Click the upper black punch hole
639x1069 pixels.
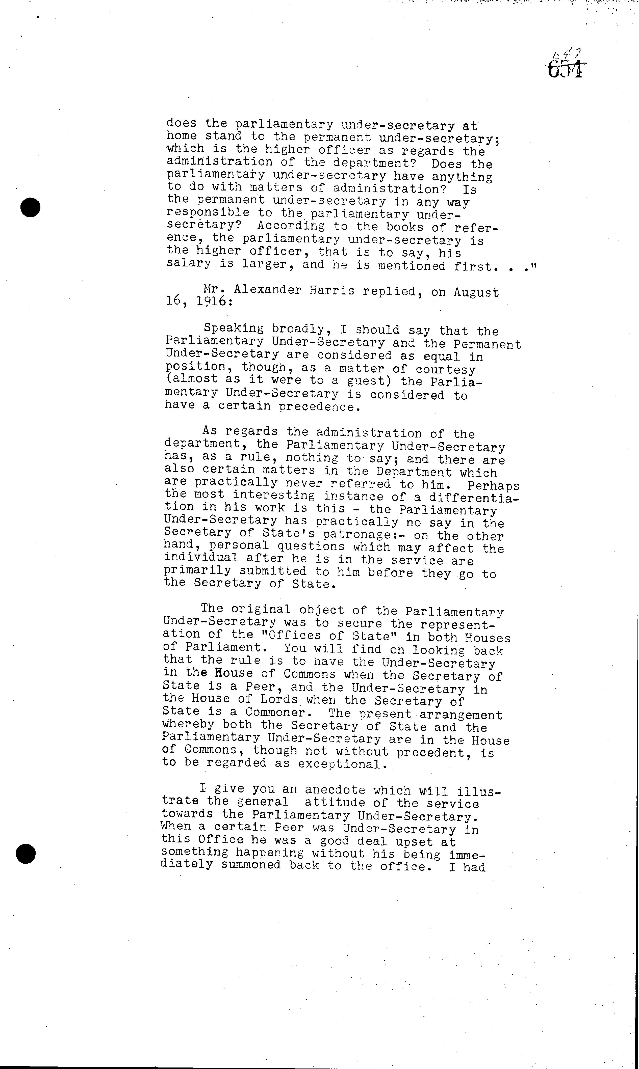pos(30,207)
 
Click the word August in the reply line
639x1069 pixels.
pos(476,292)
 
